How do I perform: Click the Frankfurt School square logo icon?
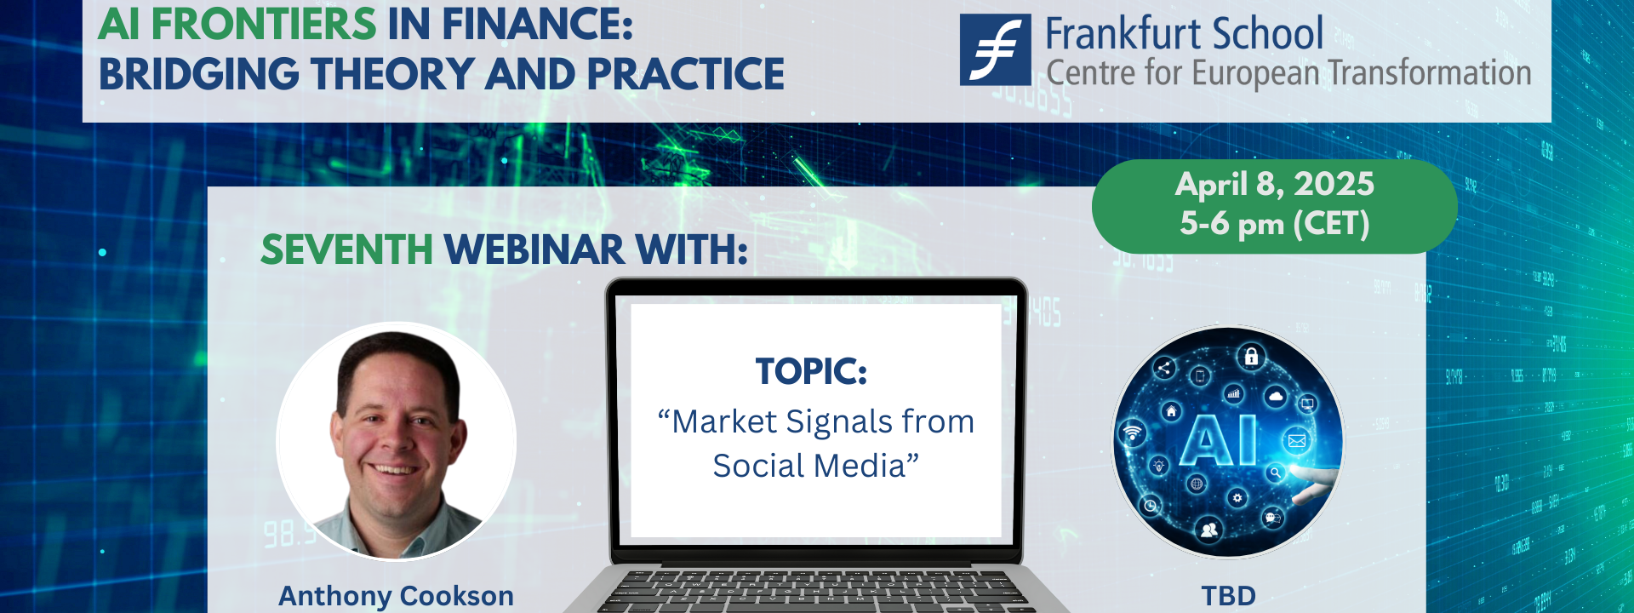pyautogui.click(x=995, y=49)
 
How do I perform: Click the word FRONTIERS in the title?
pyautogui.click(x=264, y=24)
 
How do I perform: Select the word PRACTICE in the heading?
pyautogui.click(x=685, y=74)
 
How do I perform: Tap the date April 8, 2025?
pyautogui.click(x=1275, y=185)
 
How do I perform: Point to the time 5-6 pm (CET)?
pyautogui.click(x=1275, y=224)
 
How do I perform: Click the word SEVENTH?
pyautogui.click(x=347, y=249)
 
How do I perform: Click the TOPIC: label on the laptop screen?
pyautogui.click(x=812, y=371)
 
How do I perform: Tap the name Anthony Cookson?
pyautogui.click(x=397, y=596)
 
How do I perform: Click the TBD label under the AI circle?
pyautogui.click(x=1229, y=596)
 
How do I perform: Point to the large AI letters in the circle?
pyautogui.click(x=1220, y=440)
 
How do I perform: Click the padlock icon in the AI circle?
pyautogui.click(x=1251, y=356)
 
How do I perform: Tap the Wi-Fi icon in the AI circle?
pyautogui.click(x=1132, y=433)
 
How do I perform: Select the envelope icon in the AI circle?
pyautogui.click(x=1297, y=440)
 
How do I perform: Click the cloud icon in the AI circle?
pyautogui.click(x=1275, y=397)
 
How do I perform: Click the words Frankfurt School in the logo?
pyautogui.click(x=1184, y=35)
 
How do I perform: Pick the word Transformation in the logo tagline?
pyautogui.click(x=1430, y=73)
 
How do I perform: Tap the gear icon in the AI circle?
pyautogui.click(x=1237, y=498)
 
